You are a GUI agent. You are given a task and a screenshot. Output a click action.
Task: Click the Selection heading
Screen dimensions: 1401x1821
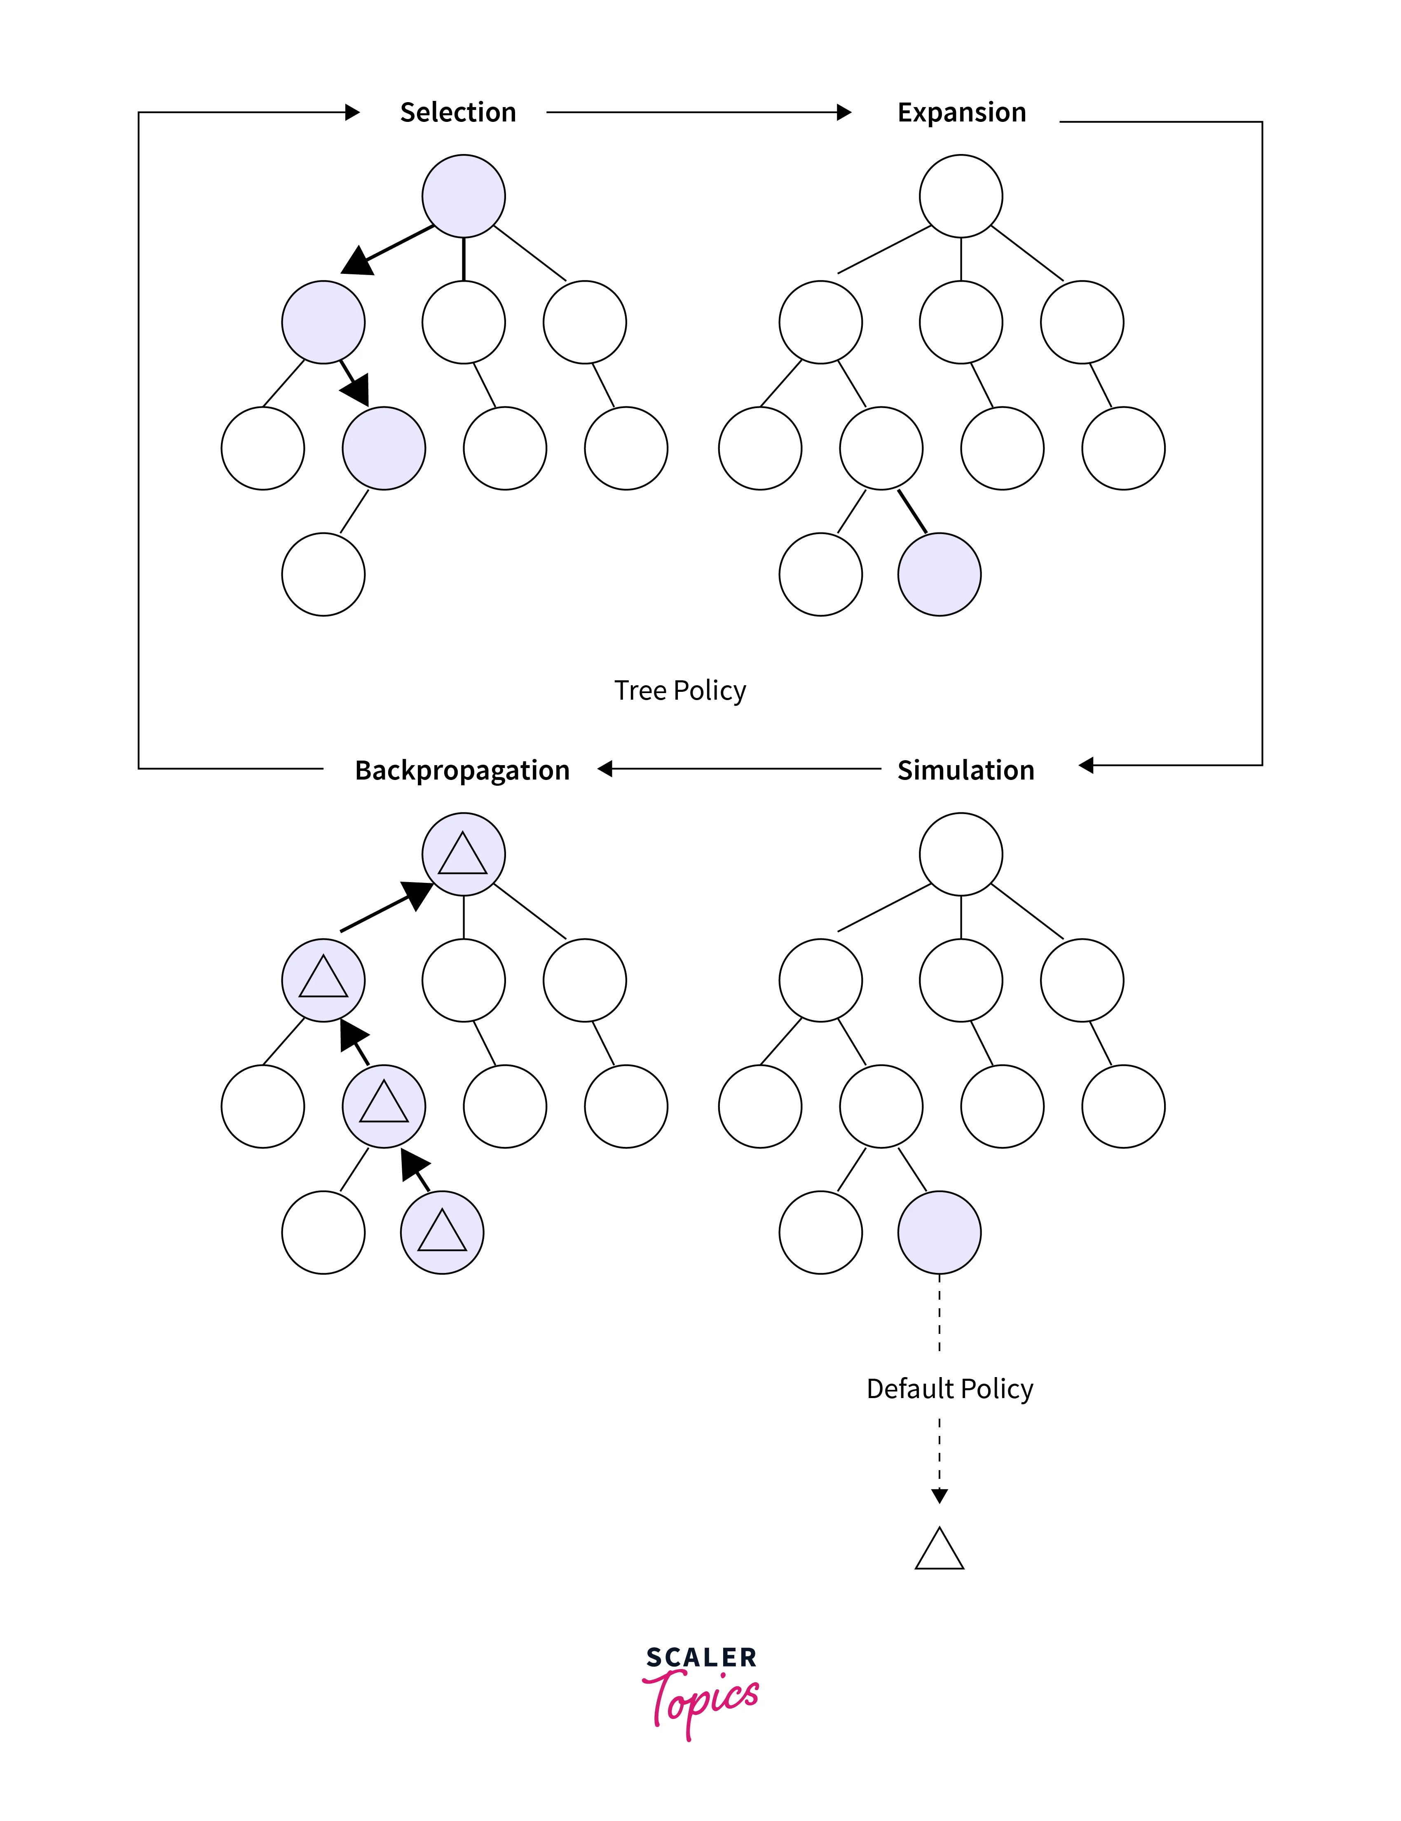click(458, 112)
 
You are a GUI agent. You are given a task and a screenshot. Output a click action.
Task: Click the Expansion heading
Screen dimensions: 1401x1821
click(961, 112)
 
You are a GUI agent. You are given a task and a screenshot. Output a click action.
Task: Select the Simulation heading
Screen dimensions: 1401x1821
click(966, 770)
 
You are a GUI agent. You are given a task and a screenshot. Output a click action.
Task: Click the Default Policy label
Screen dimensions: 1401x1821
click(950, 1389)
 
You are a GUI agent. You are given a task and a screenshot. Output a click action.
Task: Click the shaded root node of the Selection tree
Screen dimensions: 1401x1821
click(464, 196)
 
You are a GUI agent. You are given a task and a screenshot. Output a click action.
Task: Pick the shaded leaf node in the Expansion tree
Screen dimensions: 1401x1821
click(939, 574)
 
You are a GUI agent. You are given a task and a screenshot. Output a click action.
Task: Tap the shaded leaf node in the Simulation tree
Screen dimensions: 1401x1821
click(939, 1233)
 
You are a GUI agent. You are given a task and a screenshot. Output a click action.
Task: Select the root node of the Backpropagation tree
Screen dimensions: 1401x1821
click(464, 854)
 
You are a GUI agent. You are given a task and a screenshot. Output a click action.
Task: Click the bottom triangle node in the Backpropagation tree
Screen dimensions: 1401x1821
click(442, 1233)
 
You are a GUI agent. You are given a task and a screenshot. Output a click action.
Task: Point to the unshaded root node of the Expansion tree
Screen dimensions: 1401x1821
click(961, 196)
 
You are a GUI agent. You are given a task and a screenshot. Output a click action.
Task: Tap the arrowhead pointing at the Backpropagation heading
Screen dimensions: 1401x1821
click(605, 768)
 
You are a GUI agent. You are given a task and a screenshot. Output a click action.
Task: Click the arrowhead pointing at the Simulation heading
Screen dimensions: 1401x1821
click(1086, 765)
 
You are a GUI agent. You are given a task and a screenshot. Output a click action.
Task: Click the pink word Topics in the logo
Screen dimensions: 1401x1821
click(700, 1700)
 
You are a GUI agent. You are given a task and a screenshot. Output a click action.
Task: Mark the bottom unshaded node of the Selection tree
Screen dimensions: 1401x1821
click(323, 574)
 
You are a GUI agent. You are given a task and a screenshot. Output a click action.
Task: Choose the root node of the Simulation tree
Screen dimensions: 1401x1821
click(961, 854)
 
